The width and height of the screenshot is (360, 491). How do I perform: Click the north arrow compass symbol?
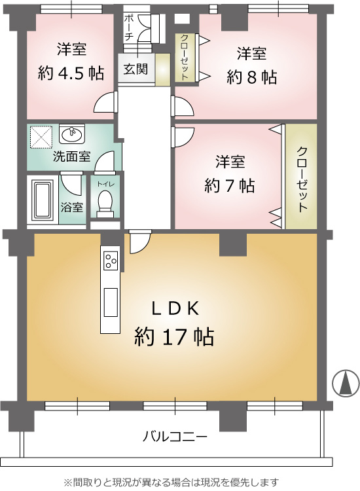click(346, 383)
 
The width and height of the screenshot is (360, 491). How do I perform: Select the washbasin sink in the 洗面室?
click(72, 134)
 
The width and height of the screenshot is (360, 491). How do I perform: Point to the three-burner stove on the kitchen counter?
click(111, 261)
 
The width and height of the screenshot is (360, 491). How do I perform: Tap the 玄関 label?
click(135, 69)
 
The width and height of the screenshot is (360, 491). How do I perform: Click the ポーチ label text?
click(129, 27)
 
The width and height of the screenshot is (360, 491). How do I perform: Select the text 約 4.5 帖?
click(71, 73)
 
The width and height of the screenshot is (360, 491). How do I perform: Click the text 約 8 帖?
click(252, 77)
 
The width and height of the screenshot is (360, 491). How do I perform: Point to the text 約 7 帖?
click(230, 186)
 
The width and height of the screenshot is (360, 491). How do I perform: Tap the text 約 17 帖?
click(174, 337)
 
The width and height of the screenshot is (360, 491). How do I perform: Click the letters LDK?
click(175, 310)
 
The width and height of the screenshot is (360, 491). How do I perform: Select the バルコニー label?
click(175, 437)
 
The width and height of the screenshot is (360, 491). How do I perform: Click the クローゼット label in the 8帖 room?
click(185, 58)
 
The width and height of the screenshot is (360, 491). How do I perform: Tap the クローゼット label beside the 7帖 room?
click(301, 179)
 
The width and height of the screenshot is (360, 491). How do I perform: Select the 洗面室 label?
click(72, 156)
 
